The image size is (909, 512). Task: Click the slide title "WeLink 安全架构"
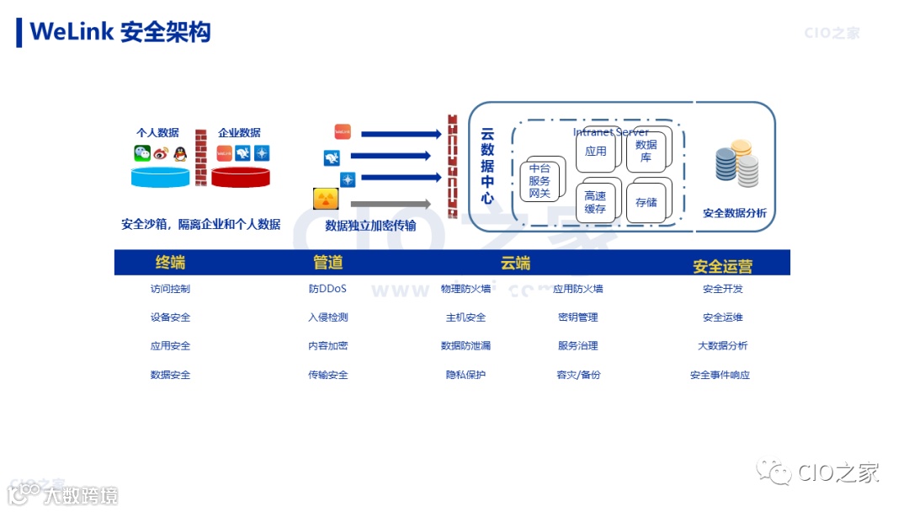120,32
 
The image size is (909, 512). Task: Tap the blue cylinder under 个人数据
161,177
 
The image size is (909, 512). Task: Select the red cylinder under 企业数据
240,177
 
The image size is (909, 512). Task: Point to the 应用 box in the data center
595,152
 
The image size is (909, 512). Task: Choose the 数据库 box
646,151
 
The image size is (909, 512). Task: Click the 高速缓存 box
595,202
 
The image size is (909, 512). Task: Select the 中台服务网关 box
540,182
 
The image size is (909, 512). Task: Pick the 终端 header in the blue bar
170,263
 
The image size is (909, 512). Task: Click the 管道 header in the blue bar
327,263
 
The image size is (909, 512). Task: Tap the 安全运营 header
722,266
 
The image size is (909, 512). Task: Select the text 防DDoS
327,289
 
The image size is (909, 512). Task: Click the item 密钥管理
577,317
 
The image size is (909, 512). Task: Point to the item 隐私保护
465,375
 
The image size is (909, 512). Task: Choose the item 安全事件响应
720,375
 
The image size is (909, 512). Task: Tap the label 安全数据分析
735,214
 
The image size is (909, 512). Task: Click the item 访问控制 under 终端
170,289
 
